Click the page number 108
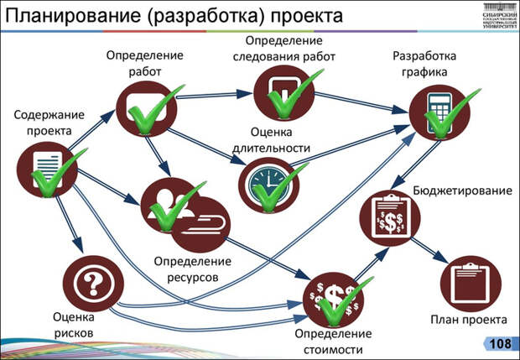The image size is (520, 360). tap(499, 344)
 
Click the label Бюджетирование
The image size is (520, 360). tap(462, 190)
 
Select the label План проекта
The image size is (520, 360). tap(469, 321)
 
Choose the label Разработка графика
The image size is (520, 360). tap(424, 64)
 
